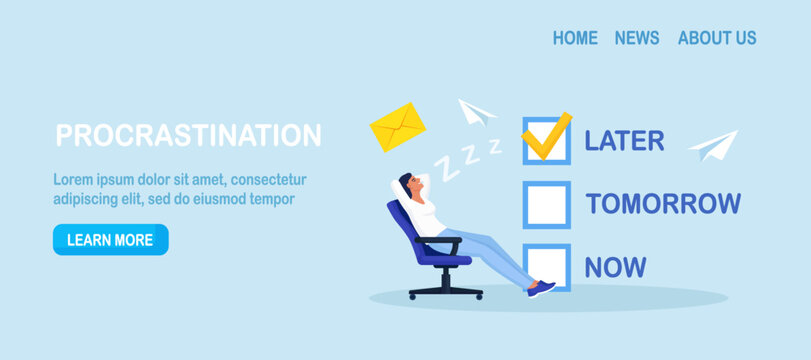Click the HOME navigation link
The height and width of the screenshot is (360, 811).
pos(575,38)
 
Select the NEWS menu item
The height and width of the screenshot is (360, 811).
pos(637,38)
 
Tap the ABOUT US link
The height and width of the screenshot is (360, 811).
pos(717,38)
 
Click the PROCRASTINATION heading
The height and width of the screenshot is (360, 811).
pos(189,136)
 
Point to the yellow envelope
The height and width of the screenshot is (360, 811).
pos(398,128)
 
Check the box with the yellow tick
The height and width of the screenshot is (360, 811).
pos(545,140)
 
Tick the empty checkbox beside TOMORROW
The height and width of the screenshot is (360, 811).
pos(546,204)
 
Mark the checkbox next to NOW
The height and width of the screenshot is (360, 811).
pos(546,267)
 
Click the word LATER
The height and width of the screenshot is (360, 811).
pos(624,141)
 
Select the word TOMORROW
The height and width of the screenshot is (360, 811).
pos(663,204)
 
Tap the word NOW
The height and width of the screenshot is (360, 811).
pos(615,267)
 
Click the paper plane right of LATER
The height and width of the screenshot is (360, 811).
pos(712,146)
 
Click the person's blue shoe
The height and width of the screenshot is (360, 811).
pos(541,288)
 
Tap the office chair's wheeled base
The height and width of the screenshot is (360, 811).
pos(445,292)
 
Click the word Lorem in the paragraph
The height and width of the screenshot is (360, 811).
pos(73,180)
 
